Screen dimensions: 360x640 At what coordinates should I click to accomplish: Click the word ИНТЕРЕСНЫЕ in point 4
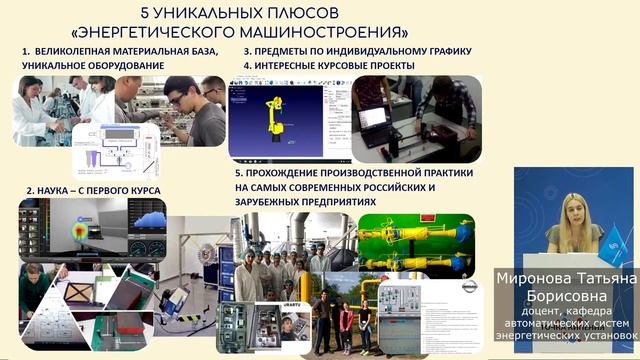(x=297, y=65)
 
